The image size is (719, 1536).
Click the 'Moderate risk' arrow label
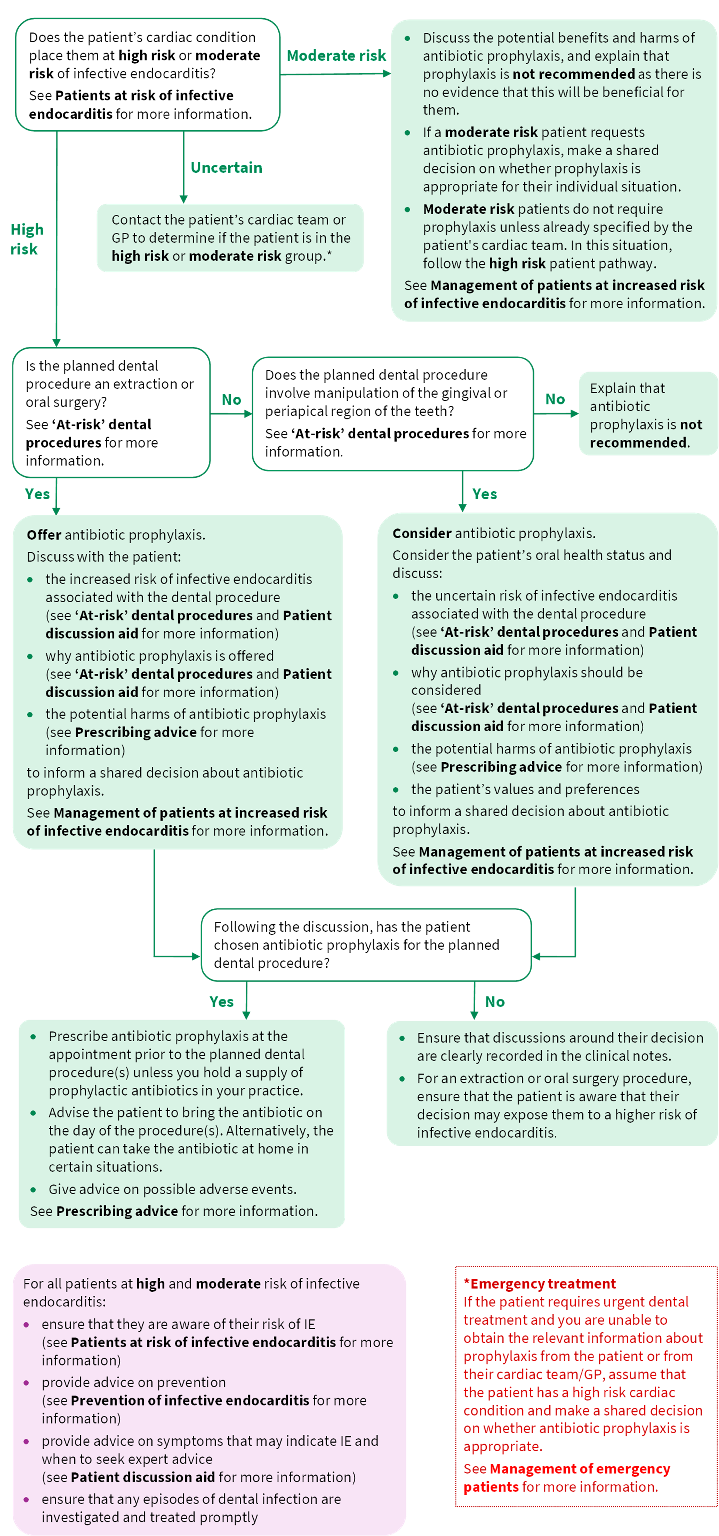336,55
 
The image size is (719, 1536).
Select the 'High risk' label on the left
26,239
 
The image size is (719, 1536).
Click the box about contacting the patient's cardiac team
230,238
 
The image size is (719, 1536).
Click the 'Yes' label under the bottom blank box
221,1002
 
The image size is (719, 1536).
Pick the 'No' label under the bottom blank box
494,1002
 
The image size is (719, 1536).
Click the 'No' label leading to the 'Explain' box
555,399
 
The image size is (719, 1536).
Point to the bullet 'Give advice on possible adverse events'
172,1189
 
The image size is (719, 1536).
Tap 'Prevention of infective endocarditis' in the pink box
190,1400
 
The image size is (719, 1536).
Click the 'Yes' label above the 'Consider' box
484,494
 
